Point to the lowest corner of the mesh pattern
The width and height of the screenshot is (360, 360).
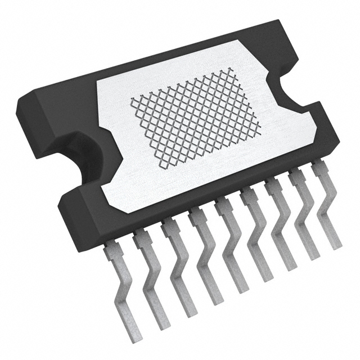tap(164, 167)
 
